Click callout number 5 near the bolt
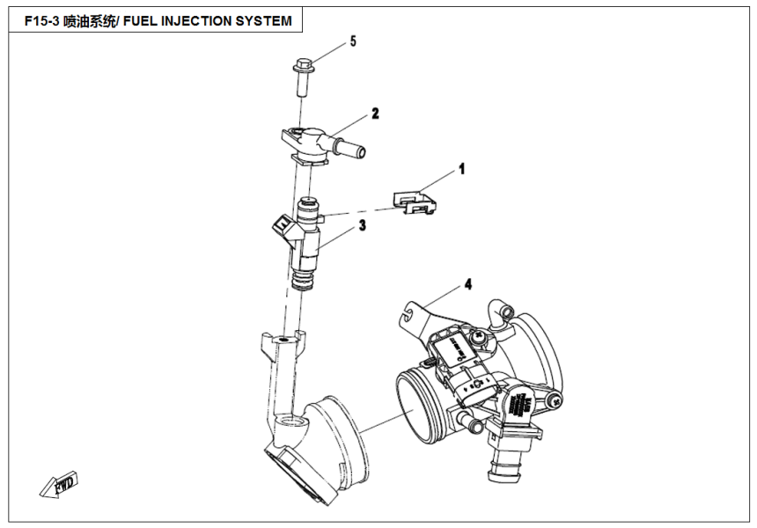tap(353, 41)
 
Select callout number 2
tap(374, 114)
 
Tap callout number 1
tap(460, 167)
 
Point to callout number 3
tap(361, 226)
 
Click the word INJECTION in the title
tap(199, 20)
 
